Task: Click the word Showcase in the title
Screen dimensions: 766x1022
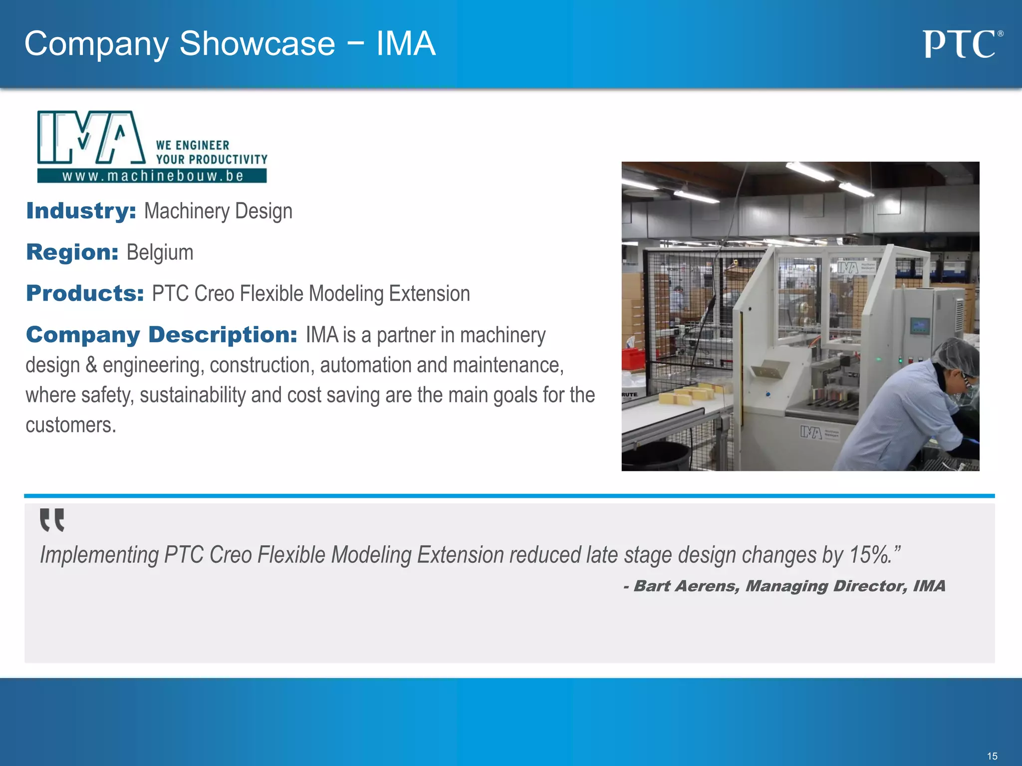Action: pyautogui.click(x=257, y=44)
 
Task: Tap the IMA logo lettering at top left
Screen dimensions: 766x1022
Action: pyautogui.click(x=91, y=138)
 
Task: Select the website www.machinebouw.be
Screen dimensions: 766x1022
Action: pyautogui.click(x=152, y=176)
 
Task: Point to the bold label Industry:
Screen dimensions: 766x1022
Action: pyautogui.click(x=81, y=211)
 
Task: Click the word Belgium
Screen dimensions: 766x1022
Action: pyautogui.click(x=160, y=252)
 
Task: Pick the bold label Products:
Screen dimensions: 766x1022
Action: pyautogui.click(x=85, y=293)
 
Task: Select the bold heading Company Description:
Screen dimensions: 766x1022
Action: pyautogui.click(x=162, y=335)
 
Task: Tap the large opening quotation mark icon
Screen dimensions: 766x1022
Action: pyautogui.click(x=52, y=520)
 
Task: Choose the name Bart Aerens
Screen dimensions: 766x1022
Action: pyautogui.click(x=686, y=586)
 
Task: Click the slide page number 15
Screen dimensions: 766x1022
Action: pyautogui.click(x=992, y=756)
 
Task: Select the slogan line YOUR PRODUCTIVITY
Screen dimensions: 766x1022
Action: pyautogui.click(x=212, y=160)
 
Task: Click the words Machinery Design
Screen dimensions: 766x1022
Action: pyautogui.click(x=218, y=211)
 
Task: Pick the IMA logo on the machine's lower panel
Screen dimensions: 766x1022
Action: pyautogui.click(x=811, y=432)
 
